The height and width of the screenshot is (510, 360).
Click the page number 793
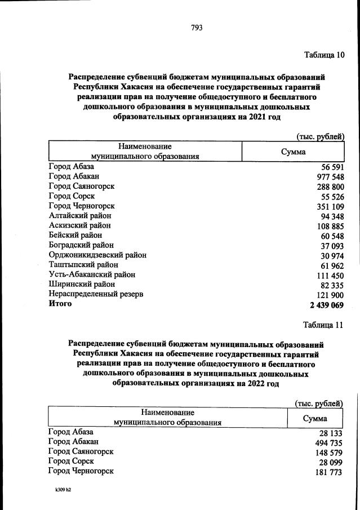click(196, 27)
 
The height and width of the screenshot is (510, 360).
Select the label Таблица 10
click(323, 55)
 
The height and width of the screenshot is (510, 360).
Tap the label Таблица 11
click(322, 326)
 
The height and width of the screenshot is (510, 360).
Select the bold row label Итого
click(60, 304)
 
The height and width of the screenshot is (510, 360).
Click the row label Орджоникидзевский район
click(97, 255)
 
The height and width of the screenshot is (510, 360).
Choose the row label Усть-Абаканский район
click(92, 274)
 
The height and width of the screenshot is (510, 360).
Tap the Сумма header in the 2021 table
click(293, 152)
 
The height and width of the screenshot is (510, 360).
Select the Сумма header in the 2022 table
click(315, 419)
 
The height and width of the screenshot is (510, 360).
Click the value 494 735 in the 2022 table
click(327, 444)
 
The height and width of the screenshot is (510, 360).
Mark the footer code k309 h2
click(59, 490)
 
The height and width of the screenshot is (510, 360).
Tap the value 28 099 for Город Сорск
click(330, 463)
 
